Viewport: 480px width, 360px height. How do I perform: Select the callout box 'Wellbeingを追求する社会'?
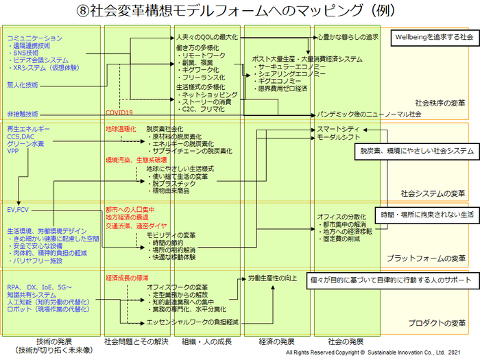coord(433,37)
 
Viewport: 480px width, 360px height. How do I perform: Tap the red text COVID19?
coord(119,112)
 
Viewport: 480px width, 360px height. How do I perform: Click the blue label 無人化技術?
coord(23,84)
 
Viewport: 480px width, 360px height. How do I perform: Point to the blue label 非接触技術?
coord(23,113)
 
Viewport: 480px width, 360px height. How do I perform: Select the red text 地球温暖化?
coord(121,128)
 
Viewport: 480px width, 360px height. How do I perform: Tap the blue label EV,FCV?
coord(18,208)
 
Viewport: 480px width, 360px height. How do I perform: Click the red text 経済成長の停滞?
coord(127,278)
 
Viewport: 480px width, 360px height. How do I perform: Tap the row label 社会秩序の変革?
coord(440,103)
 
